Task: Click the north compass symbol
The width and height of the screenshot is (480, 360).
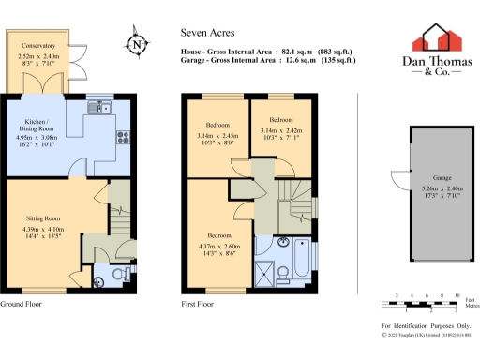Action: click(x=137, y=42)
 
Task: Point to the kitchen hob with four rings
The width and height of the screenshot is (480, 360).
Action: click(x=122, y=137)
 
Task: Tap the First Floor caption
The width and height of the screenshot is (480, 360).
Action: click(x=199, y=305)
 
